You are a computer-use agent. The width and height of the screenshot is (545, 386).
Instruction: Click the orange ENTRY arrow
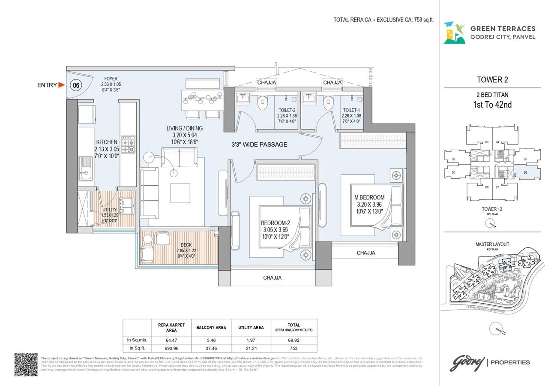pos(61,85)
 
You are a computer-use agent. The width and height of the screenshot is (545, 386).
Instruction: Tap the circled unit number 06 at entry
pos(76,85)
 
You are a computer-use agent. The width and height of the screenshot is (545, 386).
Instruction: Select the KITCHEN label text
pos(106,142)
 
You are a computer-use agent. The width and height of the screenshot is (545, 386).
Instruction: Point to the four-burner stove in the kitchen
pos(128,145)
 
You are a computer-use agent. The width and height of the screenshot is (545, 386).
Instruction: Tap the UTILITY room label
pos(109,210)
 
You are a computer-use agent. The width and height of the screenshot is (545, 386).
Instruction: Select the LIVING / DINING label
pos(185,128)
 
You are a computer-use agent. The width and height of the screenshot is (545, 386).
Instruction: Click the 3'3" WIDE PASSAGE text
pos(260,145)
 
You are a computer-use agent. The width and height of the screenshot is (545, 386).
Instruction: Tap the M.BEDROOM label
pos(369,197)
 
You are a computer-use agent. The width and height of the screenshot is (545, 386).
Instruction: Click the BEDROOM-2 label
pos(275,223)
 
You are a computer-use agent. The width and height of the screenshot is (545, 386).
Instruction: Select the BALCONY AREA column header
pos(211,328)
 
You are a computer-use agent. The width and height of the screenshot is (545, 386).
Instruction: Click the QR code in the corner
pos(26,365)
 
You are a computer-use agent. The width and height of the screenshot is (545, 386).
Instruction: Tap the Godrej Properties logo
pos(490,362)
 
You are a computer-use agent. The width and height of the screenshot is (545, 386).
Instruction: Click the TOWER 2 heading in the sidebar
pos(492,80)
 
